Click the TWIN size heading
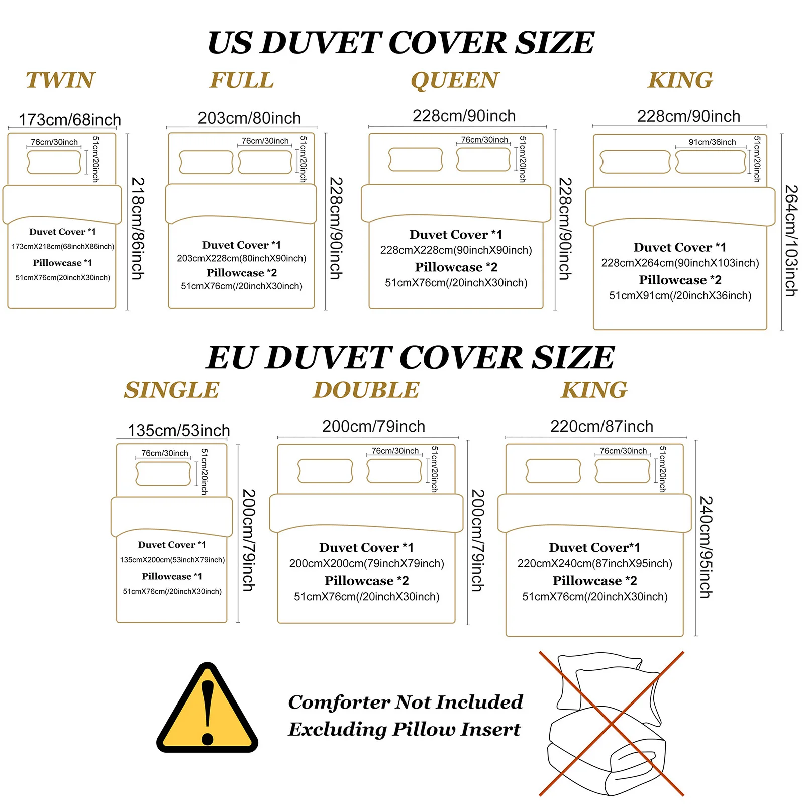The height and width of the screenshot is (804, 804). pyautogui.click(x=60, y=80)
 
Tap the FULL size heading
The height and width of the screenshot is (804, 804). pyautogui.click(x=242, y=80)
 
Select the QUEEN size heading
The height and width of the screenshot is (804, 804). pyautogui.click(x=455, y=81)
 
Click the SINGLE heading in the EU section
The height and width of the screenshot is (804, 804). pyautogui.click(x=172, y=390)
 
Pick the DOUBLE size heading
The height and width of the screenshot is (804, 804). pyautogui.click(x=366, y=390)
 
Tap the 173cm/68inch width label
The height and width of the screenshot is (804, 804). pyautogui.click(x=70, y=120)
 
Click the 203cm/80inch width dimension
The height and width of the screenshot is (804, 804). pyautogui.click(x=249, y=118)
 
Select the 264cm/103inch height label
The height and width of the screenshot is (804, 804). pyautogui.click(x=791, y=241)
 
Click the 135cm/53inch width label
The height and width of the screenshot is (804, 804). pyautogui.click(x=179, y=430)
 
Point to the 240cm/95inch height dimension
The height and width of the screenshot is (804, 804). pyautogui.click(x=706, y=547)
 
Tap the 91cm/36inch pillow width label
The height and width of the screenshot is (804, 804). pyautogui.click(x=712, y=142)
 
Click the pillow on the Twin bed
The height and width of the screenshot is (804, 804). pyautogui.click(x=54, y=162)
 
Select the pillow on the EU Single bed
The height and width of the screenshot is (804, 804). pyautogui.click(x=163, y=474)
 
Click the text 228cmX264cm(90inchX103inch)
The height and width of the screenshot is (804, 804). pyautogui.click(x=680, y=263)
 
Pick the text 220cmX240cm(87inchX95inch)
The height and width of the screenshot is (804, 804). pyautogui.click(x=595, y=563)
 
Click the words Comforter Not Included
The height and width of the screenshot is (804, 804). pyautogui.click(x=406, y=702)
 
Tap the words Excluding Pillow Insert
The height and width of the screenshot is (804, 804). pyautogui.click(x=405, y=729)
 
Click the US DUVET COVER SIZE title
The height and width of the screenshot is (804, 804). pyautogui.click(x=401, y=42)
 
